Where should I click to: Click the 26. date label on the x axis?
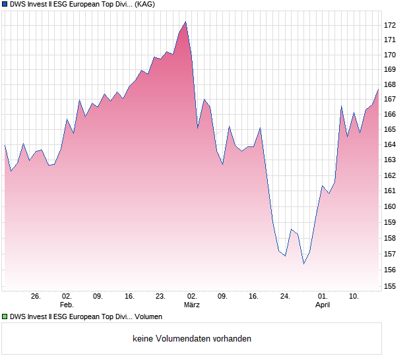(x=36, y=297)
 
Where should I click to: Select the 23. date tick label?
(x=160, y=297)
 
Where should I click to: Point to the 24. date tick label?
(x=285, y=297)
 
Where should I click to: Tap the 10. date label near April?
(x=354, y=297)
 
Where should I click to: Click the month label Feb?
(x=67, y=305)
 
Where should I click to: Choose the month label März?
(x=192, y=305)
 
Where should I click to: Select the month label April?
(x=323, y=305)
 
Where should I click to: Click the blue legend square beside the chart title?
(x=5, y=4)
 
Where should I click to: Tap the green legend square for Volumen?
(x=5, y=317)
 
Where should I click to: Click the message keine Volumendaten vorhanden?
(x=192, y=339)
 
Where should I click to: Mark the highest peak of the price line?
(x=185, y=22)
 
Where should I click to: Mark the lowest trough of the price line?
(x=304, y=264)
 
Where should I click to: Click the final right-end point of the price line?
(x=378, y=89)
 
